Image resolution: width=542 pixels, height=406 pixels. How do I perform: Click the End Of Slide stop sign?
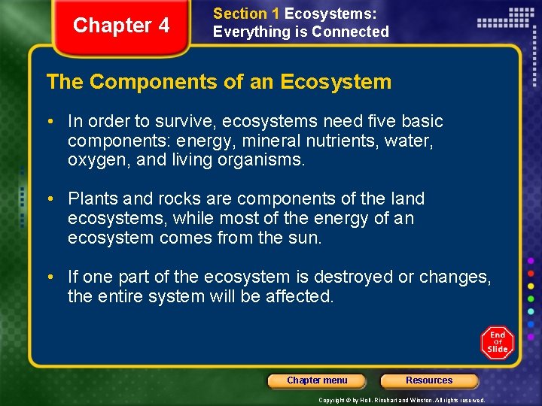point(497,343)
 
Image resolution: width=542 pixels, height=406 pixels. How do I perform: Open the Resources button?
point(429,380)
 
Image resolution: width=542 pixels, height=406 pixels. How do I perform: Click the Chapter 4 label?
point(121,26)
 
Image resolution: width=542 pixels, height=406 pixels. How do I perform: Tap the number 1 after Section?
point(275,14)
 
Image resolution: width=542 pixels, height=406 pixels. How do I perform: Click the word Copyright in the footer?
point(333,400)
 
